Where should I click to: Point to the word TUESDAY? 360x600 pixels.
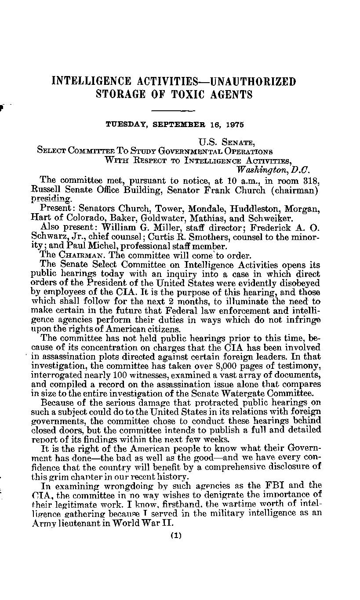pyautogui.click(x=127, y=124)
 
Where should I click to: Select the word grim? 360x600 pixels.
pyautogui.click(x=57, y=477)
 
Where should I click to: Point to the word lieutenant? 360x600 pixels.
pyautogui.click(x=81, y=524)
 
